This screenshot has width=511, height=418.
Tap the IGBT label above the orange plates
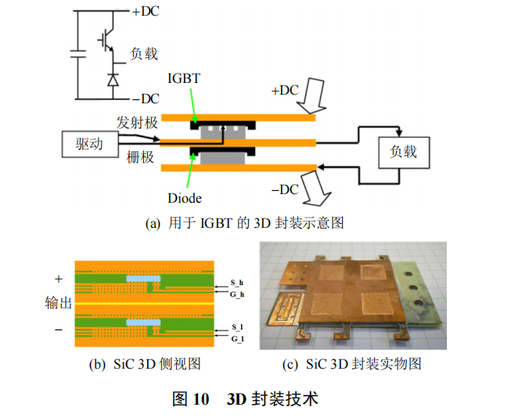[x=184, y=78]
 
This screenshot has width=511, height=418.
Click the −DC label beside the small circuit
[x=145, y=99]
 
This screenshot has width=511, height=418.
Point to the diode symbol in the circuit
[x=113, y=79]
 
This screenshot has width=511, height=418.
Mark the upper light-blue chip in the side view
[x=142, y=279]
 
